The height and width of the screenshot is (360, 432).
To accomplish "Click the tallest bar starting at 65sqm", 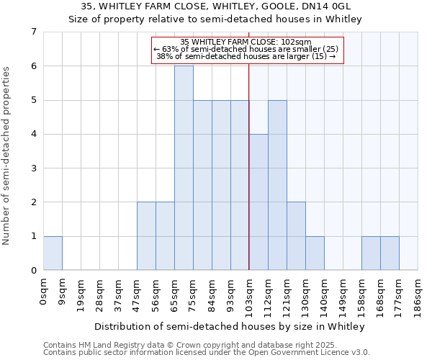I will pyautogui.click(x=184, y=168).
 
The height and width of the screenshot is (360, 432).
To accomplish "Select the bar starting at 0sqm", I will pyautogui.click(x=53, y=253).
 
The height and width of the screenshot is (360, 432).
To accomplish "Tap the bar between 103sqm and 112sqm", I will pyautogui.click(x=258, y=202).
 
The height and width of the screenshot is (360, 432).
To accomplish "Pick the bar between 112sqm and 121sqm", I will pyautogui.click(x=277, y=185).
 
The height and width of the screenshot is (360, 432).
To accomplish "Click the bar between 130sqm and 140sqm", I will pyautogui.click(x=315, y=253).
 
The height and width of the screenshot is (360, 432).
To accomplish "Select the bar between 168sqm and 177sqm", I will pyautogui.click(x=390, y=253).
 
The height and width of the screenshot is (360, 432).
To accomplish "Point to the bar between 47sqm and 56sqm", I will pyautogui.click(x=146, y=236).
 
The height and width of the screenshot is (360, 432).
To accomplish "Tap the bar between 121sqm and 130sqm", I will pyautogui.click(x=296, y=236).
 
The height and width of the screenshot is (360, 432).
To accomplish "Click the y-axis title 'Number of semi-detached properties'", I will pyautogui.click(x=6, y=156).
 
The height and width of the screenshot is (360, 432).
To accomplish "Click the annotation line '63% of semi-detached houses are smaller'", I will pyautogui.click(x=246, y=49).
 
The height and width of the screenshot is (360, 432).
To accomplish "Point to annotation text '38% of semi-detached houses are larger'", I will pyautogui.click(x=246, y=56).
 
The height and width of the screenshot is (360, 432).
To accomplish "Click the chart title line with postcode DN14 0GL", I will pyautogui.click(x=216, y=6).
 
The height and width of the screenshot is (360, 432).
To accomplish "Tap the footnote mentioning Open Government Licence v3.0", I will pyautogui.click(x=207, y=353).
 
